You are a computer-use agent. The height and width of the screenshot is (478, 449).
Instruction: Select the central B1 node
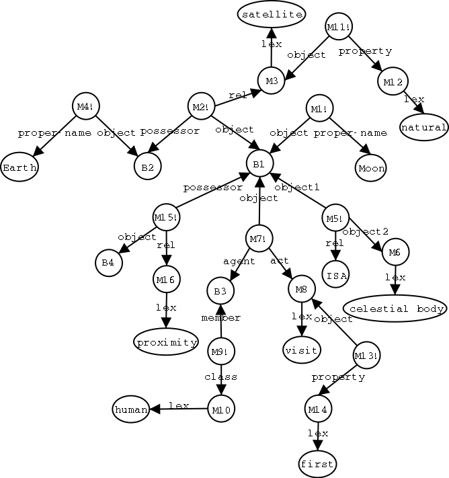tap(259, 163)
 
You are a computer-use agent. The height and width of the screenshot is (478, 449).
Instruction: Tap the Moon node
tap(372, 167)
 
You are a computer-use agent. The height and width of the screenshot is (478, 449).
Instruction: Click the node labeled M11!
tap(339, 27)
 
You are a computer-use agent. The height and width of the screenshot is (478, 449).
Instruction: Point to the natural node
tap(424, 126)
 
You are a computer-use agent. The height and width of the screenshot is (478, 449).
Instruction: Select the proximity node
tap(166, 342)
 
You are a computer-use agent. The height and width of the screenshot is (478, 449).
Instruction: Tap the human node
tap(131, 409)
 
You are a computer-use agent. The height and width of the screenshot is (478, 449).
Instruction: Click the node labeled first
tap(317, 464)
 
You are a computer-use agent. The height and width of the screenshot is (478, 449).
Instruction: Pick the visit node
tap(302, 350)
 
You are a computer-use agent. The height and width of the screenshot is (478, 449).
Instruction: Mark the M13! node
tap(366, 354)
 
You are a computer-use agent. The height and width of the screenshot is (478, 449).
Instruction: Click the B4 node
tap(108, 263)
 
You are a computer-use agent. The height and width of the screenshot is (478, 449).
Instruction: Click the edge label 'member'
tap(220, 316)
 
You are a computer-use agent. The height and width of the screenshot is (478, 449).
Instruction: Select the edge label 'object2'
tap(366, 232)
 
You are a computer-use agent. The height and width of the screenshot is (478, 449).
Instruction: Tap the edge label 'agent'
tap(239, 261)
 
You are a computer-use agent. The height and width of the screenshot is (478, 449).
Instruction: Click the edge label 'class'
tap(221, 376)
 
